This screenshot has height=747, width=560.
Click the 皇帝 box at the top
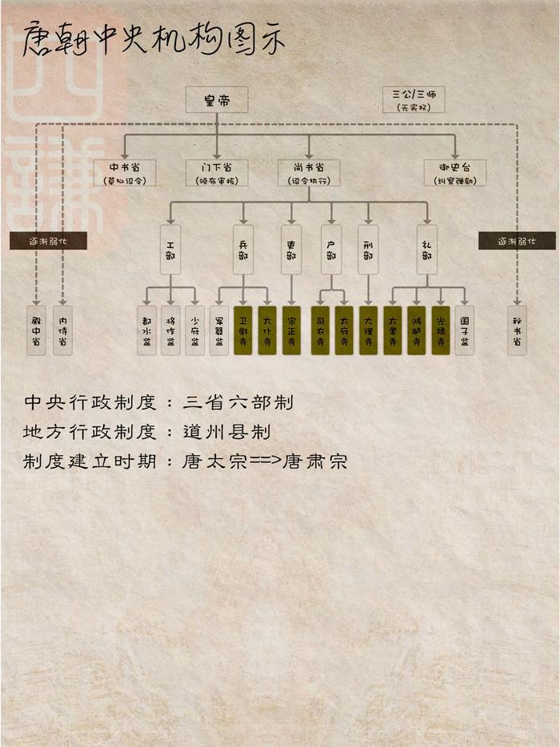click(217, 99)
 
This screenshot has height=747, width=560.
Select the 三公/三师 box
click(414, 99)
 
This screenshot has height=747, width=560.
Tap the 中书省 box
click(125, 173)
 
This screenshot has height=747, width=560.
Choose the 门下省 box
click(217, 173)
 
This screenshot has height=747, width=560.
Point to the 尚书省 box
click(309, 173)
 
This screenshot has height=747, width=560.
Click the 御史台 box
click(455, 173)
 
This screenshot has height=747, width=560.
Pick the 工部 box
click(170, 250)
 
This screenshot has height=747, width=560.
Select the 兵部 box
click(243, 250)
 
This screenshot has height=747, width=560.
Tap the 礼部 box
click(427, 250)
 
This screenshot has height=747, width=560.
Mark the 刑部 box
click(368, 250)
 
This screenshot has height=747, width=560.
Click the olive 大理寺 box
click(368, 330)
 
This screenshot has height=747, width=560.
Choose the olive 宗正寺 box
click(291, 330)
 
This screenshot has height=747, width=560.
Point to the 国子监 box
click(465, 330)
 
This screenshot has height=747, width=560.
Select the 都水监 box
click(146, 330)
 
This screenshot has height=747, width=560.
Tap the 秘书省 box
click(517, 330)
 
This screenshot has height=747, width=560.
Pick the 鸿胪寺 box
click(417, 330)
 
